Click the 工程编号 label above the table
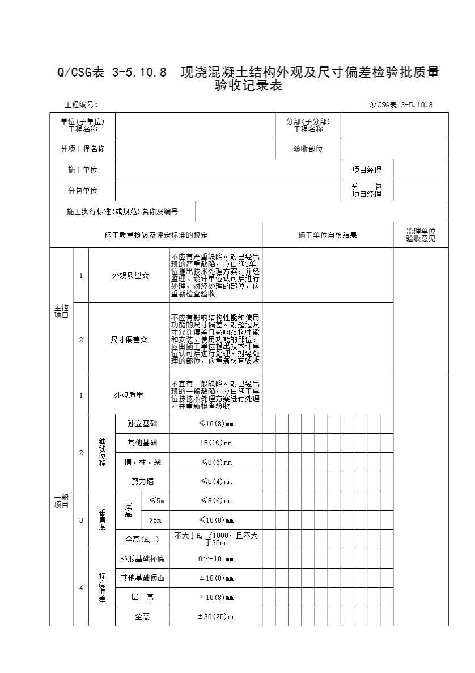click(82, 104)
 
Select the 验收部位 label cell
click(308, 149)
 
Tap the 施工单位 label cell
click(83, 170)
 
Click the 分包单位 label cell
click(83, 191)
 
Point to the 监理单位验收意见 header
click(420, 235)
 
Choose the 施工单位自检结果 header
click(327, 235)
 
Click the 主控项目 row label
click(61, 312)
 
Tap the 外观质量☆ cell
click(130, 275)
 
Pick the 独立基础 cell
click(142, 424)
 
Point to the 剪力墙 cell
click(142, 481)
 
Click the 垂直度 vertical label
click(102, 520)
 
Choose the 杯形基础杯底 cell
click(142, 558)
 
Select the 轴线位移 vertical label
click(102, 452)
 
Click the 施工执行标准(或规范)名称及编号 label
click(122, 212)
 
